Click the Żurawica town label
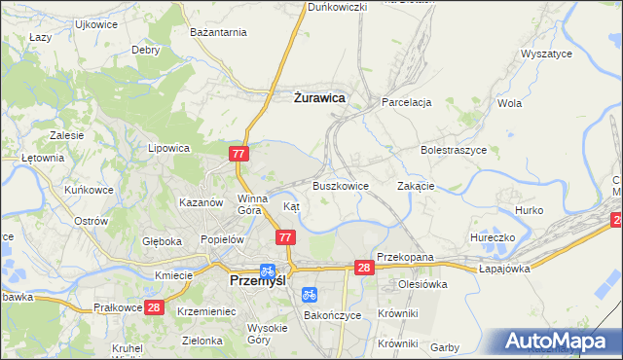(319, 97)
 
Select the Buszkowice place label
(340, 185)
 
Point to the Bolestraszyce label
(453, 150)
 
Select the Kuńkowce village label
(89, 190)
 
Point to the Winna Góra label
(251, 203)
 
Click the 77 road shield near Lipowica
(239, 154)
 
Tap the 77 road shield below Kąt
(285, 237)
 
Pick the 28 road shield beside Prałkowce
(153, 307)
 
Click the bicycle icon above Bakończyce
(310, 293)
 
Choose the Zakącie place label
(416, 185)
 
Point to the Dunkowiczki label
(337, 7)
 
